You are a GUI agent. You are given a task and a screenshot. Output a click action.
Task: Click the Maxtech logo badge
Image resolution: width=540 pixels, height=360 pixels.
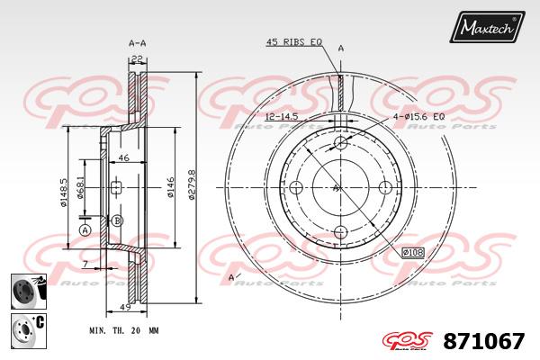coord(487,26)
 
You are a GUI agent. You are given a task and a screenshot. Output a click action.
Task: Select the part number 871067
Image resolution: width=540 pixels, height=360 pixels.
coord(484,341)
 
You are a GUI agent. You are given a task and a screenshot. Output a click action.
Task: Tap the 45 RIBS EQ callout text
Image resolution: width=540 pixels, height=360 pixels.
coord(294,42)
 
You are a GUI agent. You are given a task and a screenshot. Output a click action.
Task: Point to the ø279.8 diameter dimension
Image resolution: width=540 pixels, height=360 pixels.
coord(192,184)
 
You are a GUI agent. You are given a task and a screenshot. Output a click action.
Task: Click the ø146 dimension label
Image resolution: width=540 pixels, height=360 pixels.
coord(170,187)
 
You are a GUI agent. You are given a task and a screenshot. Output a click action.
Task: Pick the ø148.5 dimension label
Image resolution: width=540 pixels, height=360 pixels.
coord(64,193)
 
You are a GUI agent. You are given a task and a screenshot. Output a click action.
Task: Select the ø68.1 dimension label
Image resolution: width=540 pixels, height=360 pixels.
coord(80,188)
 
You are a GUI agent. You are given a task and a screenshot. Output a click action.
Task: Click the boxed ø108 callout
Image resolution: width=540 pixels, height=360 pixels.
coord(413,253)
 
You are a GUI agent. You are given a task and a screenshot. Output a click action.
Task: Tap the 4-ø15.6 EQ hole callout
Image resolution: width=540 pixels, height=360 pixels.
coord(418,117)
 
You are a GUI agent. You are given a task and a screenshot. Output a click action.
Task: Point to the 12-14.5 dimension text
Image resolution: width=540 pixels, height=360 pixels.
coord(282,116)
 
